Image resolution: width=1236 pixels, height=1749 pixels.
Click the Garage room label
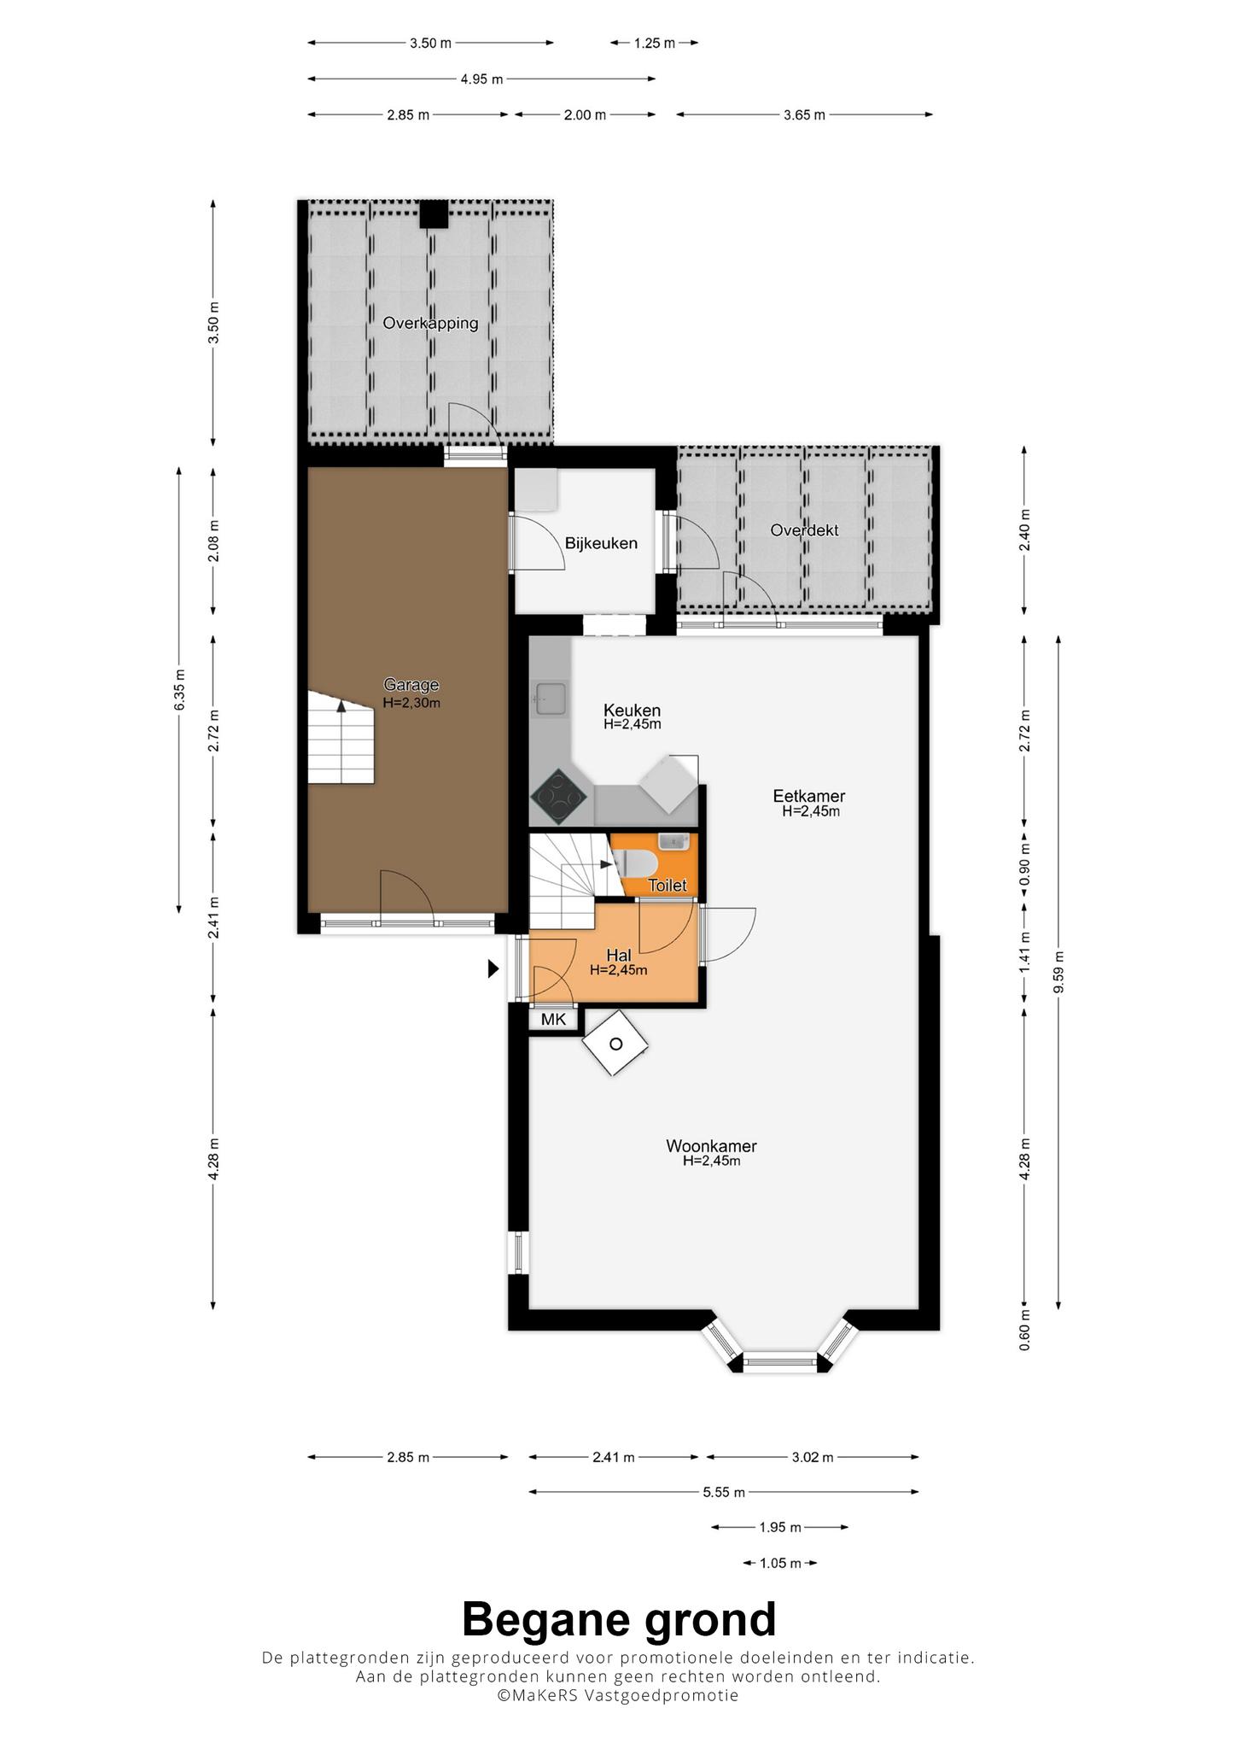pyautogui.click(x=411, y=685)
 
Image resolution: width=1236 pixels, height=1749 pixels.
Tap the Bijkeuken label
pyautogui.click(x=601, y=543)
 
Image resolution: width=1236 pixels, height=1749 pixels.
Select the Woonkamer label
pyautogui.click(x=711, y=1146)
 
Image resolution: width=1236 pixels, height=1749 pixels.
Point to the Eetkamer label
pyautogui.click(x=809, y=796)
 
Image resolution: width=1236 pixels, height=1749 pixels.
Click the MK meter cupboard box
pyautogui.click(x=554, y=1020)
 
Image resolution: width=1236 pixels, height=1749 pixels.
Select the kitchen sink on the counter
pyautogui.click(x=549, y=699)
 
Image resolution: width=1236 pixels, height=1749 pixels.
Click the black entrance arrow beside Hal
pyautogui.click(x=493, y=968)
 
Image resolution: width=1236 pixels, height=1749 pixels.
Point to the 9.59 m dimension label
pyautogui.click(x=1058, y=972)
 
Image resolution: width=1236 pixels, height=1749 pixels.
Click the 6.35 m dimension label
pyautogui.click(x=179, y=690)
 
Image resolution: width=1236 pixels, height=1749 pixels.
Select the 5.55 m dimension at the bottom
pyautogui.click(x=724, y=1492)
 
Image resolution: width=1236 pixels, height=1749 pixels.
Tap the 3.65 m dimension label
pyautogui.click(x=804, y=114)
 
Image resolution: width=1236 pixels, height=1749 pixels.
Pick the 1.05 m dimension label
pyautogui.click(x=780, y=1564)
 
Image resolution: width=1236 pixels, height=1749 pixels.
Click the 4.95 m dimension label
pyautogui.click(x=481, y=79)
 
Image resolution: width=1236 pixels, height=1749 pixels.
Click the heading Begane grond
pyautogui.click(x=619, y=1619)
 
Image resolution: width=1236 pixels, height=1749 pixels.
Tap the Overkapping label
pyautogui.click(x=430, y=324)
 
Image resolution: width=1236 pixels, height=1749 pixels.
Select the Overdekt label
pyautogui.click(x=804, y=530)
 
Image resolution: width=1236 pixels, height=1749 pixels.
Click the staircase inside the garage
pyautogui.click(x=341, y=738)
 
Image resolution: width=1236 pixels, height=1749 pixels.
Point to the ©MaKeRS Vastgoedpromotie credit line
pyautogui.click(x=618, y=1695)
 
